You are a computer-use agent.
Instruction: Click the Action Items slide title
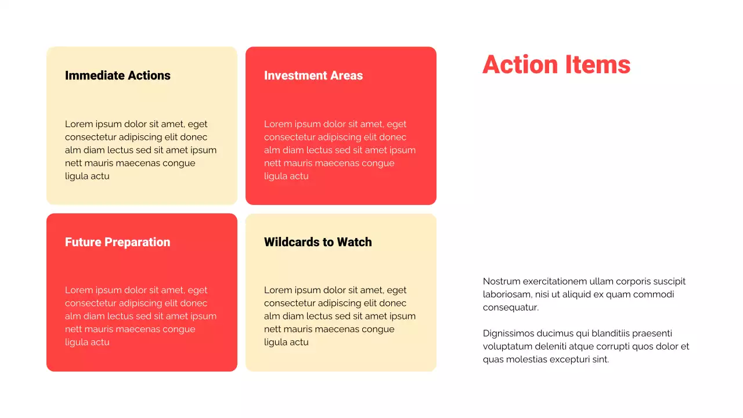(x=556, y=64)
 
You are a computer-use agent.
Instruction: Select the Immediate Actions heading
(x=118, y=75)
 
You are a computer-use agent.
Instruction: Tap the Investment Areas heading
(x=313, y=75)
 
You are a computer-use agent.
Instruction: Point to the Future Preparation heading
(x=118, y=242)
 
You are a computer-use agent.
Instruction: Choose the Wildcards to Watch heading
(x=318, y=242)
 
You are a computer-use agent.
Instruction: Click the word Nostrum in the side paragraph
(x=501, y=282)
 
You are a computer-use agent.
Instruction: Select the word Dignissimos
(x=510, y=333)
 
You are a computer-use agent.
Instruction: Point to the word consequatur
(x=510, y=308)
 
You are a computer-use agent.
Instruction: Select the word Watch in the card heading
(x=354, y=242)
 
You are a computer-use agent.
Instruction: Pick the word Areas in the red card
(x=347, y=75)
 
